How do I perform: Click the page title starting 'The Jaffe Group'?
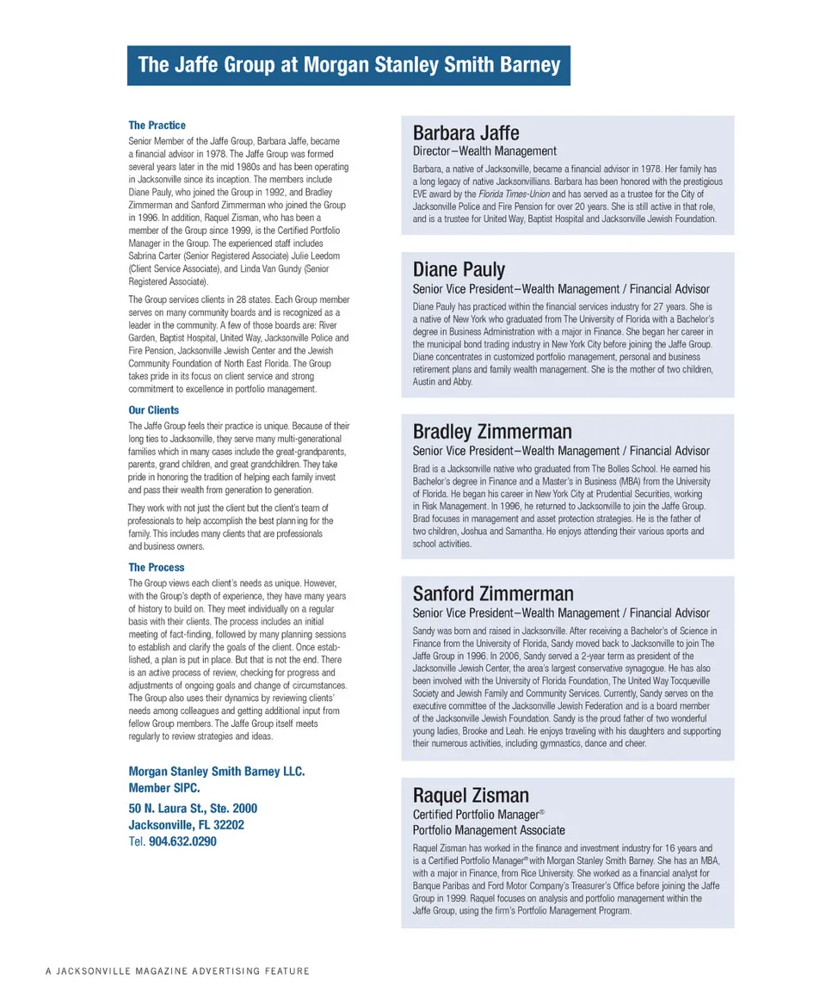tap(348, 65)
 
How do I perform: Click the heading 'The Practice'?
tap(157, 126)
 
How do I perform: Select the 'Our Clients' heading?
tap(154, 410)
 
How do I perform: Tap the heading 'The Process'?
tap(157, 568)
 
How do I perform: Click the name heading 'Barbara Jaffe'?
tap(465, 133)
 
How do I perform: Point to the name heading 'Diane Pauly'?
tap(459, 269)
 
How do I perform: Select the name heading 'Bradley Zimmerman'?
tap(492, 431)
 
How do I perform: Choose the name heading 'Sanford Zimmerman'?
tap(493, 594)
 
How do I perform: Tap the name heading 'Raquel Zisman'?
tap(471, 794)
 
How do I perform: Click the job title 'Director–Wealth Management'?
tap(484, 151)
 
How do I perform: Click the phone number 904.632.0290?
tap(182, 841)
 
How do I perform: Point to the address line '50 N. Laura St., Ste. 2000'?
tap(193, 809)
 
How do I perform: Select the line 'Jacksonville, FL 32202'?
tap(186, 825)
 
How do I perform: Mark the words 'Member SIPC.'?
tap(164, 788)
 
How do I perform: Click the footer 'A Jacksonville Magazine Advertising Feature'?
tap(177, 971)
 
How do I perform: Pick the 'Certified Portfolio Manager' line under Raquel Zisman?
tap(476, 814)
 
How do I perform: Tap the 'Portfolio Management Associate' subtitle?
tap(489, 830)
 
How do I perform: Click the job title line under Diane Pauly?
tap(561, 289)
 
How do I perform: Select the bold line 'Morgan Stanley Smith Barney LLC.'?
tap(216, 772)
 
